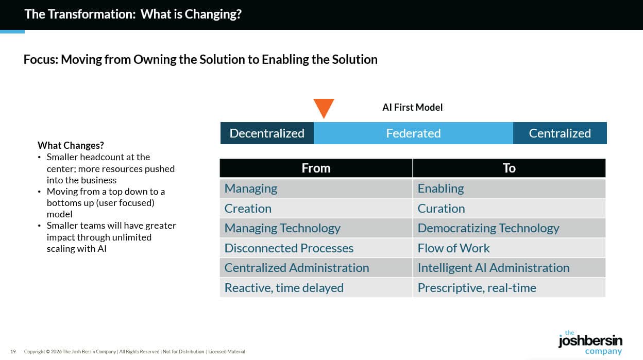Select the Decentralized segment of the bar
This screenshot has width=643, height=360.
(x=267, y=133)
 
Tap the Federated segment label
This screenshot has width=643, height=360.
(x=413, y=133)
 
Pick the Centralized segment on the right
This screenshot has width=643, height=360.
(x=560, y=133)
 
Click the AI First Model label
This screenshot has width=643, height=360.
(x=412, y=107)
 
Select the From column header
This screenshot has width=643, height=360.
(x=316, y=168)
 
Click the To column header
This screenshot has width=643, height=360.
(x=509, y=168)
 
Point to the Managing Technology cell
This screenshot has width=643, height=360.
(x=282, y=228)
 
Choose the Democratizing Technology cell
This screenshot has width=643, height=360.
(x=488, y=228)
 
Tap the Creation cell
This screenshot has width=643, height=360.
(x=248, y=209)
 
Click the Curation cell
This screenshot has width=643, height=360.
(x=441, y=209)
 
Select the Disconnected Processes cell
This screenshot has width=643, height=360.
(x=289, y=248)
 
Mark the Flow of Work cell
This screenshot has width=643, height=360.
(x=453, y=248)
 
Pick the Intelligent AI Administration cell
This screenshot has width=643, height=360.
(x=493, y=268)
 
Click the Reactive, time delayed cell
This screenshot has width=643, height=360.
(x=284, y=288)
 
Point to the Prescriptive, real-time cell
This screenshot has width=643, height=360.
(x=477, y=288)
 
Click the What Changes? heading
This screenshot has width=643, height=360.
(x=71, y=146)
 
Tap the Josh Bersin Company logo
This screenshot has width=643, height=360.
(x=590, y=342)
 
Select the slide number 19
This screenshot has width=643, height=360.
(x=13, y=352)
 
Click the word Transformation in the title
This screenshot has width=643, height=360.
(x=92, y=14)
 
